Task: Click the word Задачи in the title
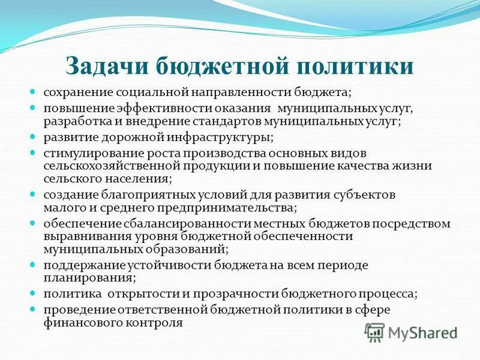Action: tap(106, 65)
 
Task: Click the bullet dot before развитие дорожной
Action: tap(34, 137)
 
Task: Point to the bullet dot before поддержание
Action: tap(34, 265)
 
